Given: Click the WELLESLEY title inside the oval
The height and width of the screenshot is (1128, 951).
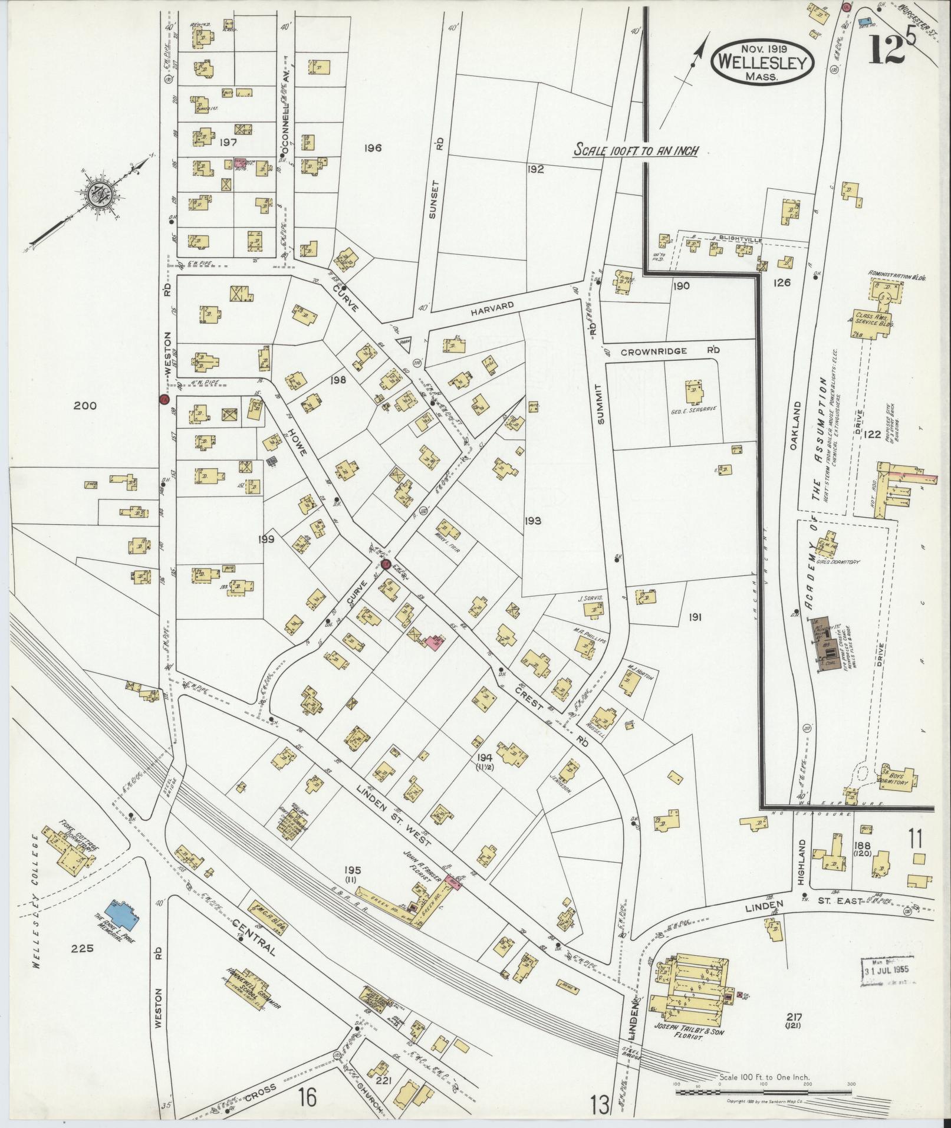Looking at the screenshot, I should [762, 61].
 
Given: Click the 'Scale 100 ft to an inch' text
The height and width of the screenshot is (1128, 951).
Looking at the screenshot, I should [636, 150].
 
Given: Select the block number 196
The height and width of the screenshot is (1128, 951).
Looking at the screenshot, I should [373, 147].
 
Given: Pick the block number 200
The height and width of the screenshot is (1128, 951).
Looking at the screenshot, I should [86, 405].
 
